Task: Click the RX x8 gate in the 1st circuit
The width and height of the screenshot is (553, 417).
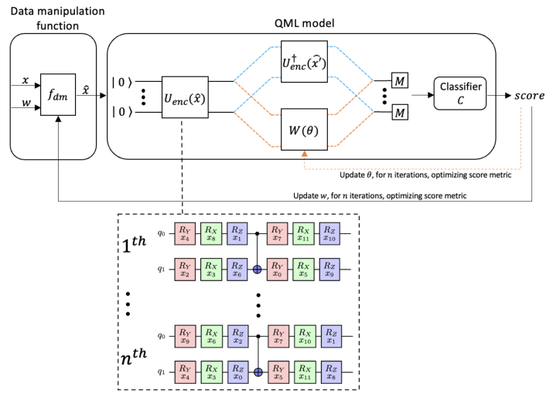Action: click(x=211, y=234)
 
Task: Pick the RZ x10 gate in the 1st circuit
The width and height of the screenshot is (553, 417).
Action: click(x=330, y=234)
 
